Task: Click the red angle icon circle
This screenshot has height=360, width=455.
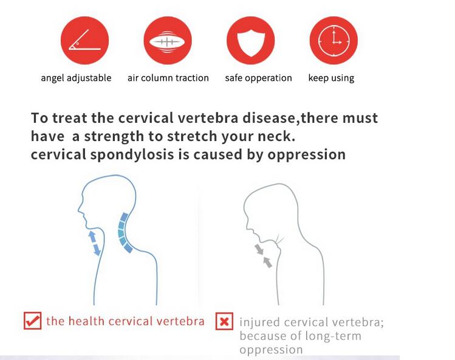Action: (x=84, y=40)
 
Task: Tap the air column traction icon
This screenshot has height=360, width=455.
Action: (x=168, y=40)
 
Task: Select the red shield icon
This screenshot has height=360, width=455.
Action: (x=251, y=40)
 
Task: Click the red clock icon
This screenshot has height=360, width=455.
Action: (x=334, y=40)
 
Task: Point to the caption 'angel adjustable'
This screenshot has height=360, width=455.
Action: (x=76, y=78)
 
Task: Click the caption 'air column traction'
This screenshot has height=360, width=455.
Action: (x=168, y=78)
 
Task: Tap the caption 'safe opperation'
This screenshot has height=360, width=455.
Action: (x=258, y=78)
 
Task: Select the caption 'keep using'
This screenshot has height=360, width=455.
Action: (x=331, y=78)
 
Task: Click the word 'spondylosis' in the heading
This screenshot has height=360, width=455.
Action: (x=132, y=154)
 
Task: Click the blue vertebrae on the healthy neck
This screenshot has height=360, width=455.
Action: (x=124, y=232)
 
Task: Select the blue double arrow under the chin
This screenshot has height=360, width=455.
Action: (x=94, y=243)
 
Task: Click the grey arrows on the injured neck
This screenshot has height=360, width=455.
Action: (x=264, y=255)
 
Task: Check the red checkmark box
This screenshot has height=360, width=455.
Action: (x=33, y=320)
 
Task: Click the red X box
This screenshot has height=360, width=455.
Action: (x=224, y=321)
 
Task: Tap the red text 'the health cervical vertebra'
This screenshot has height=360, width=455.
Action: (x=125, y=321)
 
